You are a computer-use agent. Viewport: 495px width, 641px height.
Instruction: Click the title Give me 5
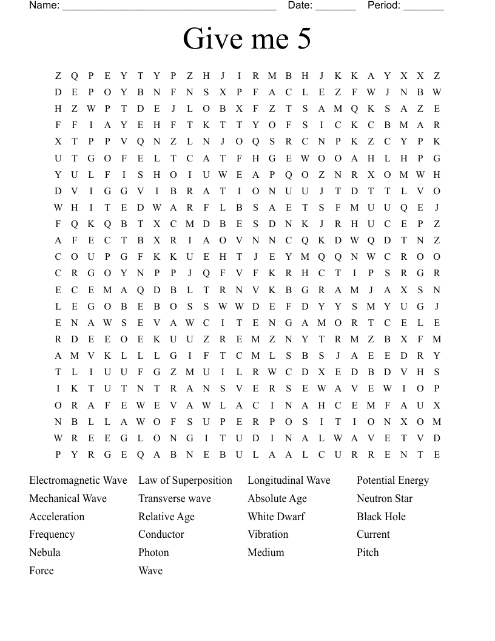point(247,39)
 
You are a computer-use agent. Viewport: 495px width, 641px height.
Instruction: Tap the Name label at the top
point(44,5)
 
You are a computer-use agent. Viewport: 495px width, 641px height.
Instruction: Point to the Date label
point(300,5)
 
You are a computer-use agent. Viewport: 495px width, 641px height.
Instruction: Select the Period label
point(383,5)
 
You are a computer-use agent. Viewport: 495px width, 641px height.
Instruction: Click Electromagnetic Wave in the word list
point(78,481)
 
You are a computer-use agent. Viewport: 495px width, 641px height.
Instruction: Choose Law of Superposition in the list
point(185,481)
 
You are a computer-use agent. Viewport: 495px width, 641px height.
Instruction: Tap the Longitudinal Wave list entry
point(289,481)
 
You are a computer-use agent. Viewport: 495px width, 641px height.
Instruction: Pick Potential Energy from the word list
point(392,481)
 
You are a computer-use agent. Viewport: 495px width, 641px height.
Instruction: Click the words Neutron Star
point(385,499)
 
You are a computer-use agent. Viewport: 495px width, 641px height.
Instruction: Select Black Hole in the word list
point(381,517)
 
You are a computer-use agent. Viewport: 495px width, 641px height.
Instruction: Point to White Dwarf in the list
point(276,517)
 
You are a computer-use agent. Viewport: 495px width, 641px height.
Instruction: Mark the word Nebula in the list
point(45,553)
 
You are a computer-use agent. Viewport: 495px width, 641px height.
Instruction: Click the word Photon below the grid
point(153,553)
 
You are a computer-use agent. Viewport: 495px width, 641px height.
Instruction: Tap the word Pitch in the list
point(368,553)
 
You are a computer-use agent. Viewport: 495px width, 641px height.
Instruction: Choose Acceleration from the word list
point(57,517)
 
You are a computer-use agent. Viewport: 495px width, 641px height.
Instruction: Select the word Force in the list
point(41,571)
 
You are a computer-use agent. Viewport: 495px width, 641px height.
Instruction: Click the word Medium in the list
point(266,553)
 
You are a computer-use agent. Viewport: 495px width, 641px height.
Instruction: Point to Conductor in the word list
point(161,535)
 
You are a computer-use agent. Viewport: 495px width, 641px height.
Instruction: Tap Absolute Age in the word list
point(277,499)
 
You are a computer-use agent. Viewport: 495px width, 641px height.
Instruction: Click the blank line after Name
point(169,7)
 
